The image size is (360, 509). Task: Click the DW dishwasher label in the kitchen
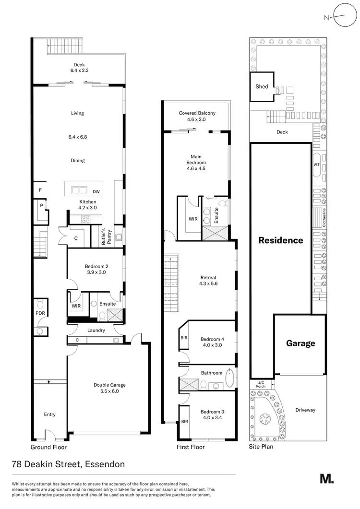pyautogui.click(x=96, y=191)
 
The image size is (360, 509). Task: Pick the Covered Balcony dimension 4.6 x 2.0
pyautogui.click(x=197, y=119)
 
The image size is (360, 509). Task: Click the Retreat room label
pyautogui.click(x=208, y=277)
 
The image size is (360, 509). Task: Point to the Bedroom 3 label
pyautogui.click(x=212, y=412)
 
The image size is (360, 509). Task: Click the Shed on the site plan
pyautogui.click(x=262, y=87)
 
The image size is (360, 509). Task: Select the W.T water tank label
pyautogui.click(x=316, y=164)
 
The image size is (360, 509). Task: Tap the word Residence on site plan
pyautogui.click(x=281, y=240)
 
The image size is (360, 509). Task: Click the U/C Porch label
pyautogui.click(x=261, y=384)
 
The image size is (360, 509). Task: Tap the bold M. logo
pyautogui.click(x=326, y=478)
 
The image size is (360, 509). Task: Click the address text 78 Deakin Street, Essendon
pyautogui.click(x=68, y=464)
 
